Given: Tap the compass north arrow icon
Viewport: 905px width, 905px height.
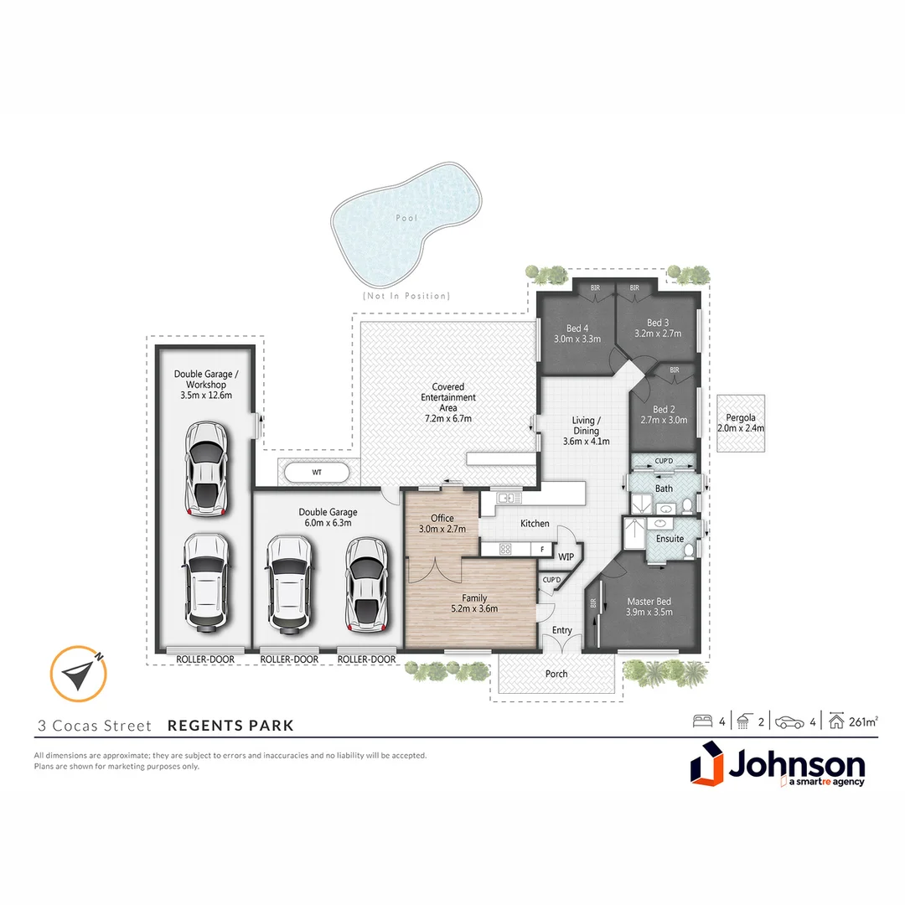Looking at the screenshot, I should click(78, 674).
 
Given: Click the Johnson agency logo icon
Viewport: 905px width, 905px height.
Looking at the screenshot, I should click(706, 767).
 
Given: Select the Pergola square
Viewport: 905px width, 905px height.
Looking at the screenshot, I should click(741, 423).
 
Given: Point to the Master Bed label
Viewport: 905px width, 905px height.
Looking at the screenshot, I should click(649, 601).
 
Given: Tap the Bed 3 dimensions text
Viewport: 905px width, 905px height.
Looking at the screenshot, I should click(658, 334).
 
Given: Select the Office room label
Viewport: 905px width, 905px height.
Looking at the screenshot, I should click(442, 519).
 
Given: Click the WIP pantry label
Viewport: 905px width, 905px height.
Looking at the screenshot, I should click(566, 556).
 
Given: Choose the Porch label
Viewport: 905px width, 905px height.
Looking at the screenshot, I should click(556, 674).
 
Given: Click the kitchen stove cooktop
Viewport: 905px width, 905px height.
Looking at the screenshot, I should click(506, 550).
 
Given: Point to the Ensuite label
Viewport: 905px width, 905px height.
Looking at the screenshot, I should click(670, 539).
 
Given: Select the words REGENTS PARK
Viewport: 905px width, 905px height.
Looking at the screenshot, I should click(231, 726).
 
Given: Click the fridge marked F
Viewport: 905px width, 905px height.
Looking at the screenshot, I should click(543, 551).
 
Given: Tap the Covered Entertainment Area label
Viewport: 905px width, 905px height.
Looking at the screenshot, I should click(448, 397).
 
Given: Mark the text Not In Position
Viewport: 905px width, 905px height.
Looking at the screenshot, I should click(406, 296).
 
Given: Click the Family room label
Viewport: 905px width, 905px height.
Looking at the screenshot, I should click(474, 597).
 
